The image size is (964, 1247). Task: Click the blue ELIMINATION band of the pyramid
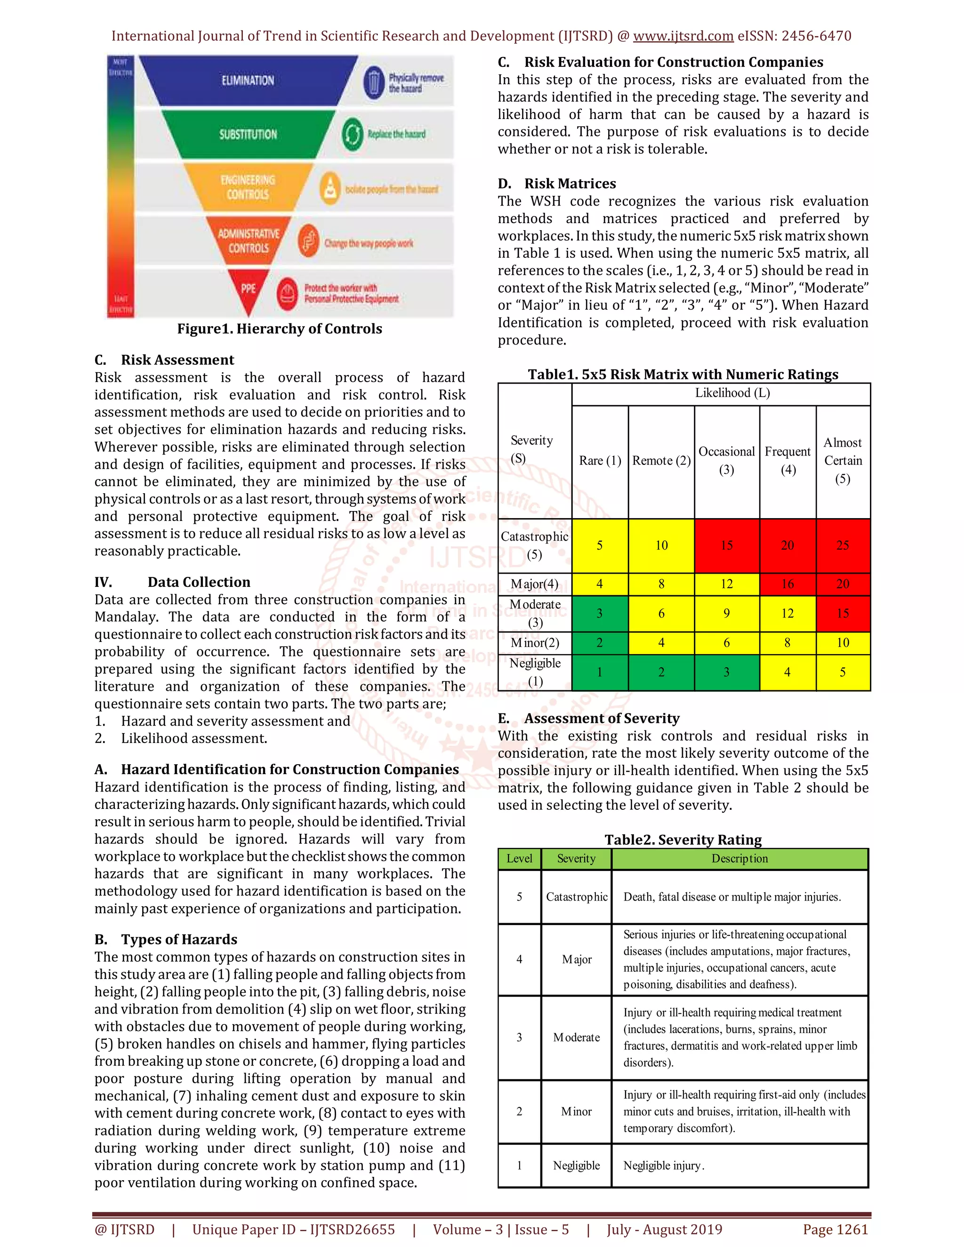[x=248, y=80]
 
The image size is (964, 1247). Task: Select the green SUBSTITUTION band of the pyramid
[x=248, y=134]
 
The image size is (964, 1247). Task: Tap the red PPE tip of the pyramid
[x=248, y=290]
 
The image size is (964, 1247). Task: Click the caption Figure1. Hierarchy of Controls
[x=279, y=329]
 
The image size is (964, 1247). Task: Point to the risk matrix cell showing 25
[x=843, y=545]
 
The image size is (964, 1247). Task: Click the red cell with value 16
[x=787, y=584]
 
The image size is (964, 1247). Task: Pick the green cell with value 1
[x=599, y=672]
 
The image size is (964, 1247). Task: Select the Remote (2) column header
[x=661, y=461]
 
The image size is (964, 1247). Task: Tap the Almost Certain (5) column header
[x=843, y=461]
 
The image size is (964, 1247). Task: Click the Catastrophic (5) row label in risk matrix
[x=535, y=545]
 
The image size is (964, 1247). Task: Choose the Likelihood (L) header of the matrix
[x=732, y=393]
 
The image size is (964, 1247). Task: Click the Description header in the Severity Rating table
[x=739, y=859]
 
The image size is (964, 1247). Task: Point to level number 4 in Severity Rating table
[x=519, y=959]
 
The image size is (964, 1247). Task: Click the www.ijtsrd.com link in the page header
[x=683, y=36]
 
